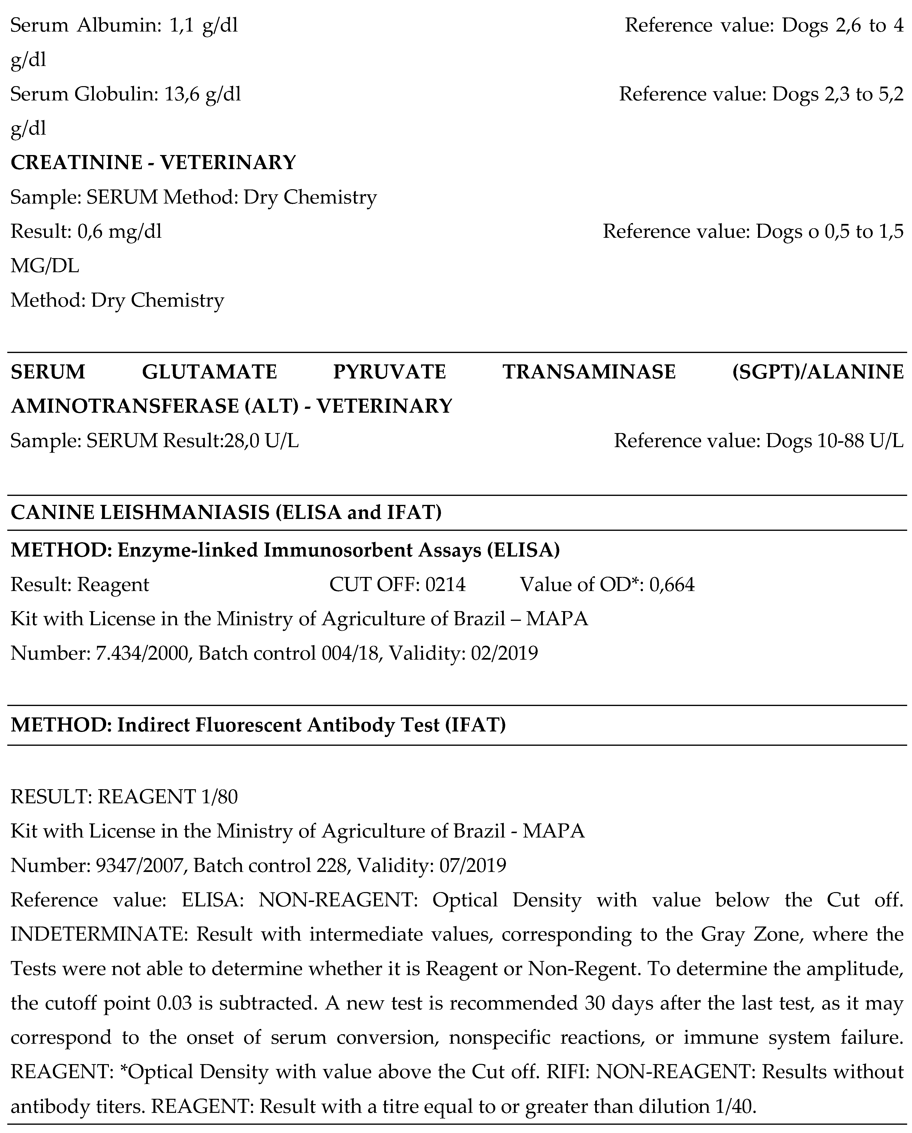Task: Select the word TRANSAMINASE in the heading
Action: [x=589, y=372]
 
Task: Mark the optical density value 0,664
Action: [x=672, y=585]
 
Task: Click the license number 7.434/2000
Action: [x=142, y=653]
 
